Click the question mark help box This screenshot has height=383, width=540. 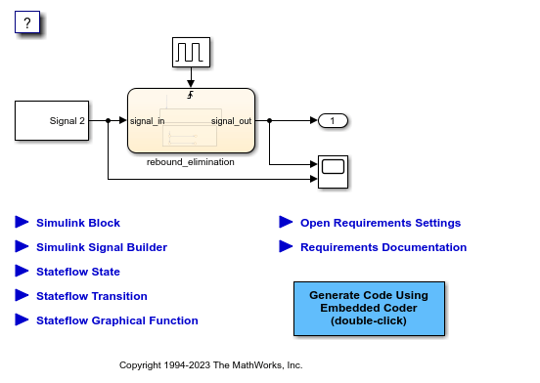coord(27,23)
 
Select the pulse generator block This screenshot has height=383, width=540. coord(191,53)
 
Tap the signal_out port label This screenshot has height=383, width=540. coord(231,121)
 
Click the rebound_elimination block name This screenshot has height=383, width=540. coord(191,162)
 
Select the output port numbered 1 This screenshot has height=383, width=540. coord(334,121)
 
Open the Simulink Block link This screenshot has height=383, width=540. coord(78,223)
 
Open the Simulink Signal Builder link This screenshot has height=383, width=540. coord(102,247)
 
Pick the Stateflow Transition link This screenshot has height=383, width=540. coord(92,296)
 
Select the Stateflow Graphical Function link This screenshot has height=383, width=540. coord(116,320)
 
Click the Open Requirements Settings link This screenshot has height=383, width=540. coord(381,223)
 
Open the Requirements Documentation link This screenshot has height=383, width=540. coord(383,247)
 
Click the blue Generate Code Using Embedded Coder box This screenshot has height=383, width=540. coord(369,308)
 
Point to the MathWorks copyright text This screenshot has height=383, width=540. coord(211,364)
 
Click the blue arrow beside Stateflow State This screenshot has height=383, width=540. coord(22,271)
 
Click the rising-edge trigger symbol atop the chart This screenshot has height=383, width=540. coord(191,95)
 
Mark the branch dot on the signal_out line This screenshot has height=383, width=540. coord(269,121)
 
